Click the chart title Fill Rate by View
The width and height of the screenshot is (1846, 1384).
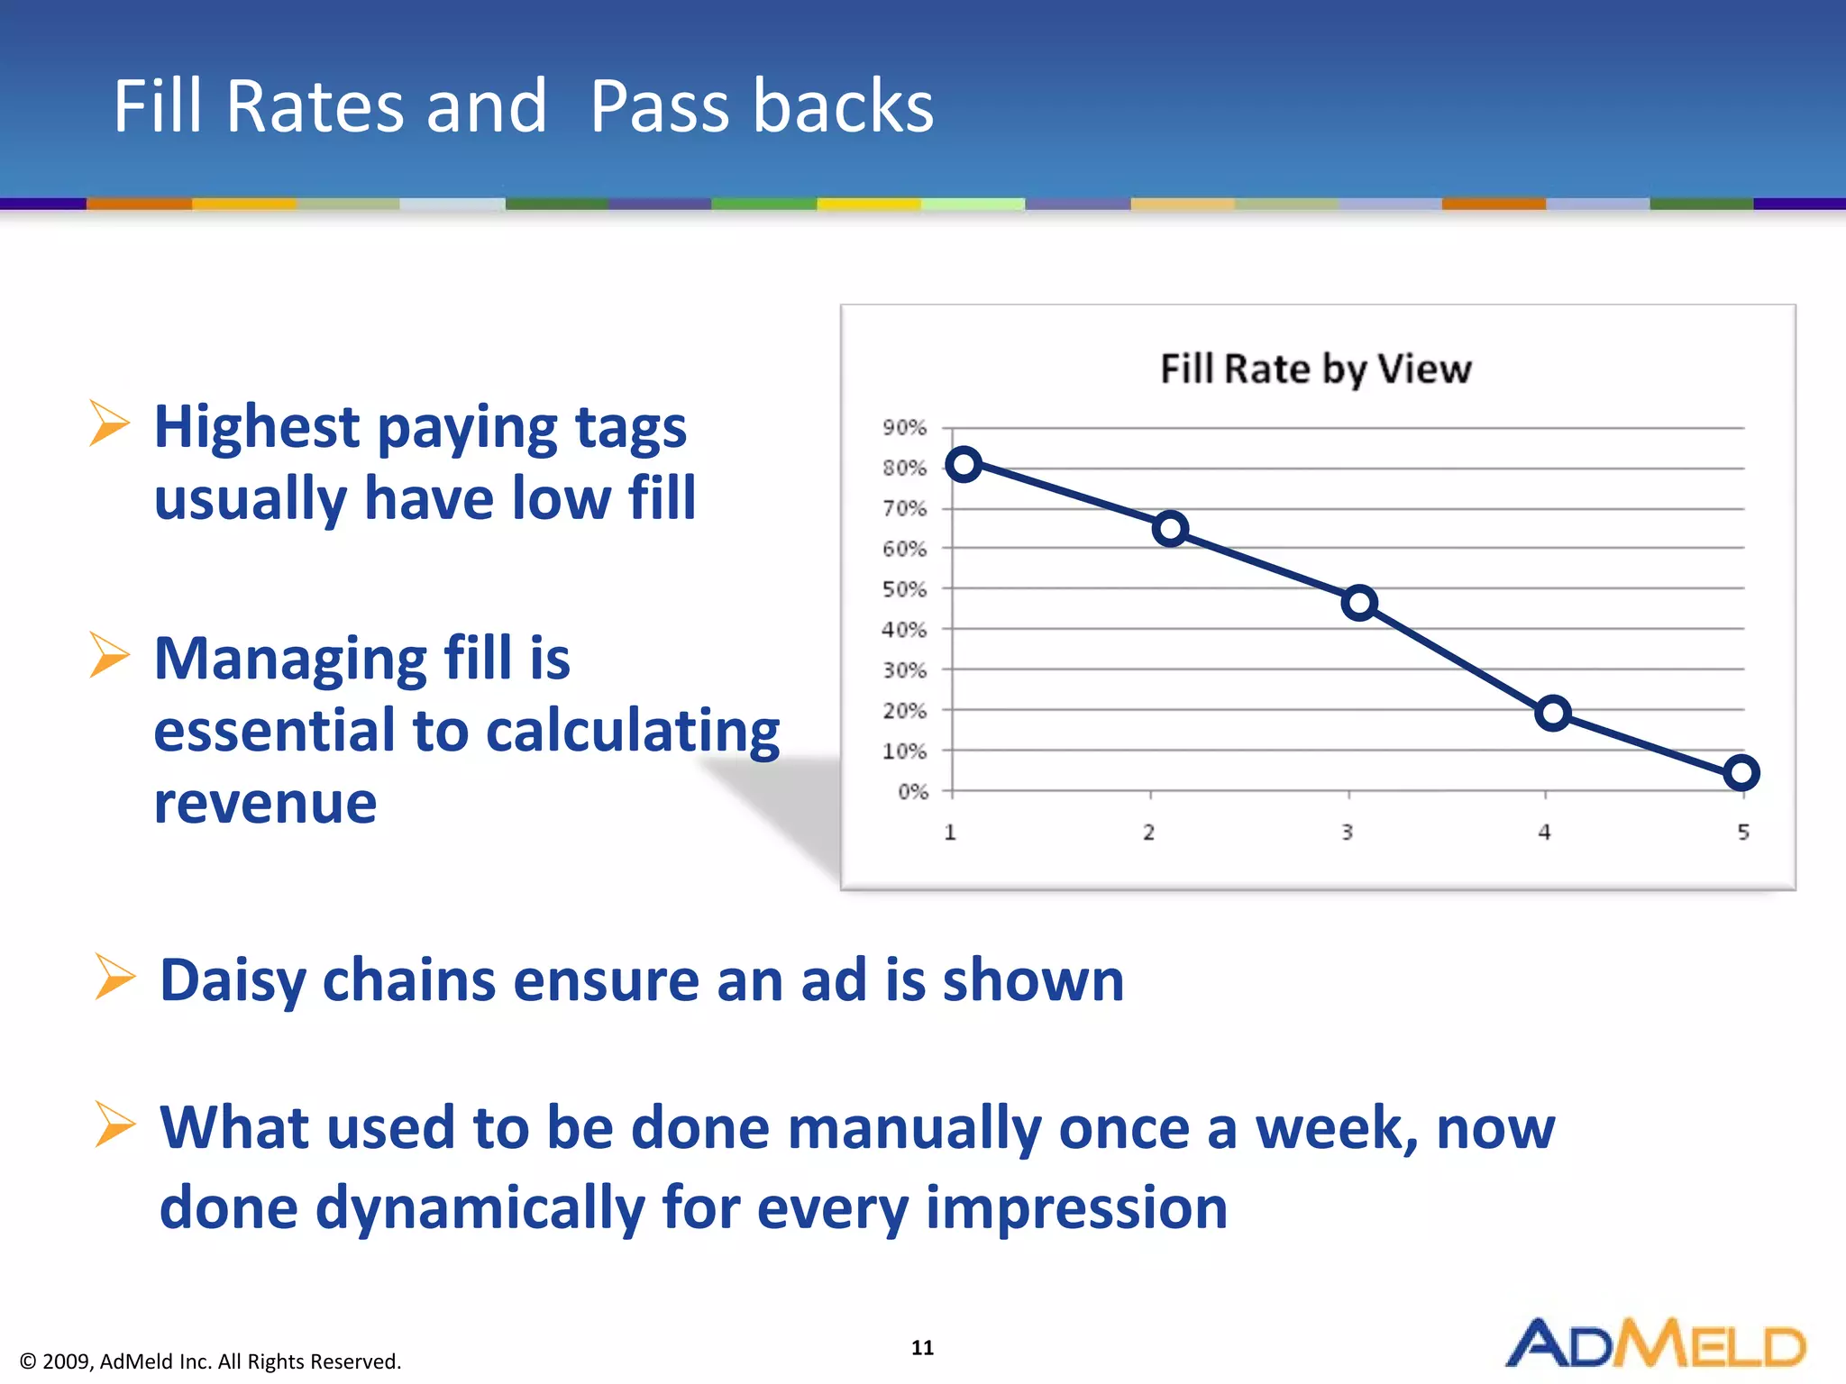[x=1315, y=369]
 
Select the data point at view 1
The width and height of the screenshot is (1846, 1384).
[x=964, y=464]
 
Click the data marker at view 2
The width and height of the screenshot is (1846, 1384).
[x=1170, y=529]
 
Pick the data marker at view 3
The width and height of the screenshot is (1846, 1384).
[x=1359, y=603]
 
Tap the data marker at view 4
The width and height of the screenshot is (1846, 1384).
[x=1552, y=714]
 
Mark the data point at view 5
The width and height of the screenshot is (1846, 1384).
[x=1741, y=772]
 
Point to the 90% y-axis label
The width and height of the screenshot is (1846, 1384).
[x=904, y=428]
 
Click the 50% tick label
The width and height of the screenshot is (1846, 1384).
[x=904, y=589]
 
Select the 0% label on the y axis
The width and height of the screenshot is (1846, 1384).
[x=912, y=792]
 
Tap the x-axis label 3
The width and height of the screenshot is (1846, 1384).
[x=1347, y=833]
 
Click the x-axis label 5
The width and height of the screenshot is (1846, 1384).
[x=1743, y=833]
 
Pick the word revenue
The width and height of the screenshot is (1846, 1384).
[x=265, y=803]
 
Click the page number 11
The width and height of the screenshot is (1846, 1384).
[x=922, y=1347]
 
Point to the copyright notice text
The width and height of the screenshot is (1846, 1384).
[x=210, y=1361]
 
